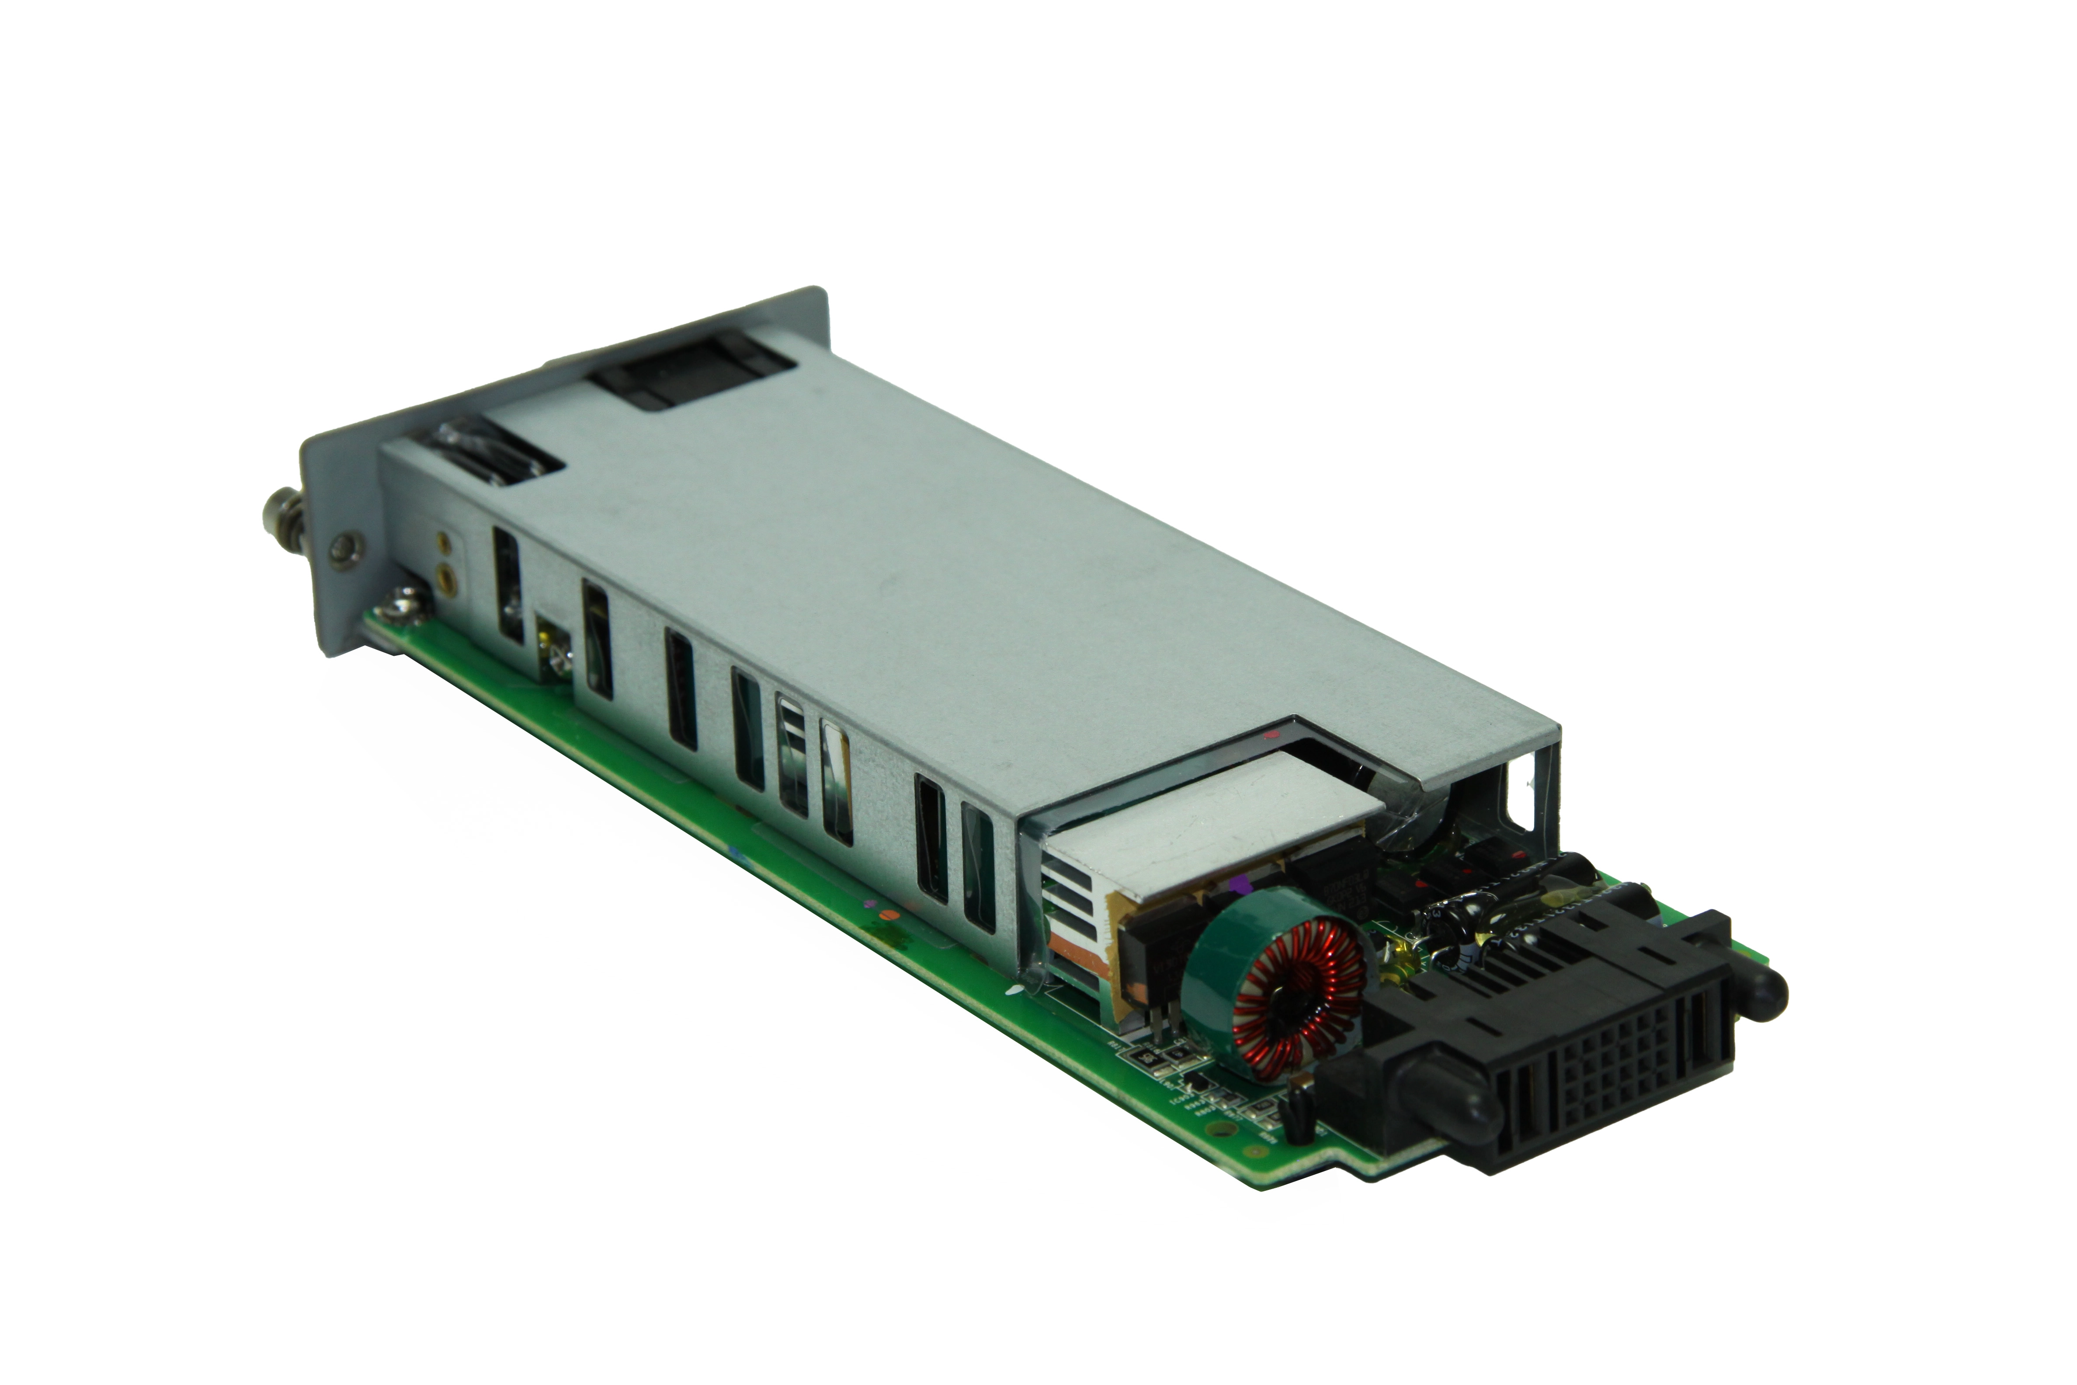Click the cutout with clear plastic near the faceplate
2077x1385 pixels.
[x=494, y=458]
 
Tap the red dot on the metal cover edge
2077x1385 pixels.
[x=1269, y=733]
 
